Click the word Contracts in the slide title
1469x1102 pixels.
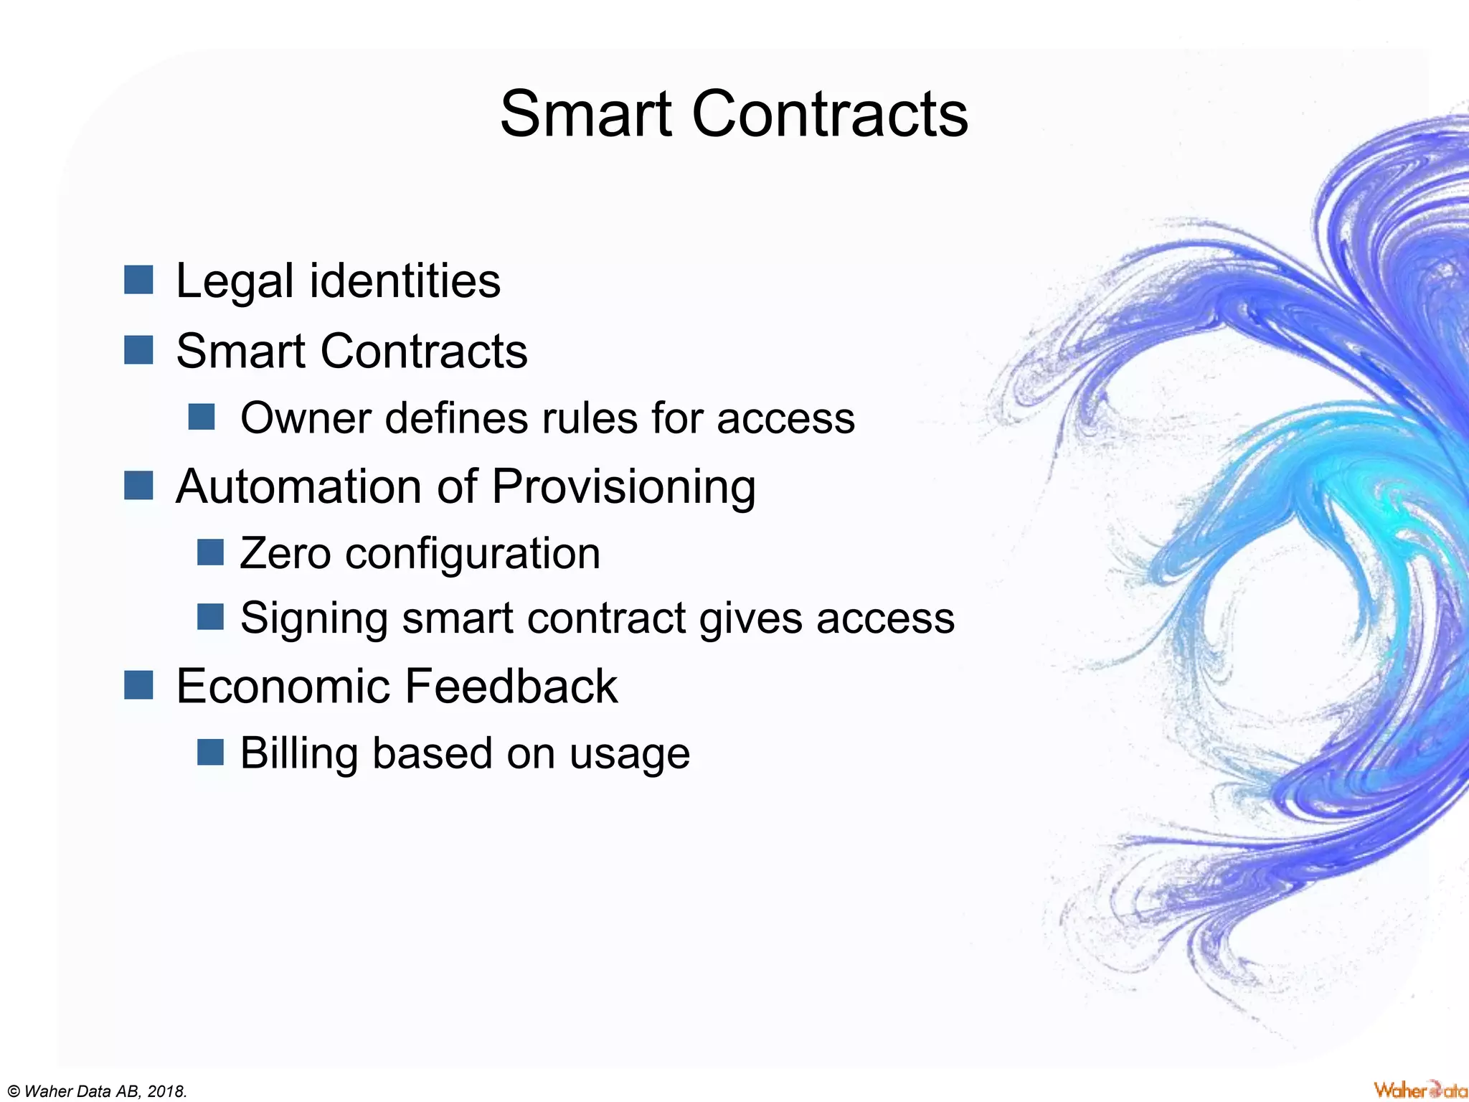coord(829,115)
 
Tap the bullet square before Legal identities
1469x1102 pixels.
coord(138,280)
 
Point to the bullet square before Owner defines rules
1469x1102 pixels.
coord(202,417)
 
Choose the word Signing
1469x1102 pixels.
coord(313,618)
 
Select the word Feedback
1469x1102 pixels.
coord(511,686)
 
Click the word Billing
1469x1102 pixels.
coord(298,754)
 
